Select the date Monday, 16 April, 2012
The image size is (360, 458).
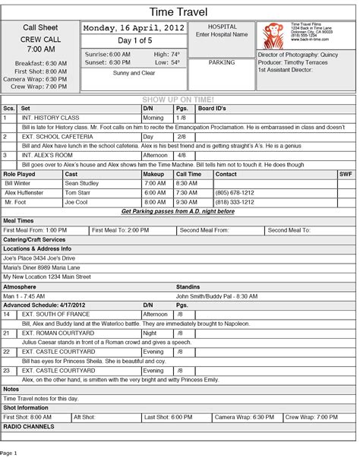(x=134, y=28)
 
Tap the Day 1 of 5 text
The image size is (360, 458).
(x=133, y=40)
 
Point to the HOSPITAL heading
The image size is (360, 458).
(x=222, y=26)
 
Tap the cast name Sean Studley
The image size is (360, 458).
(x=82, y=183)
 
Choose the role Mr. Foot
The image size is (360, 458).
(x=15, y=202)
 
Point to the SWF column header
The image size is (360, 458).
(x=346, y=174)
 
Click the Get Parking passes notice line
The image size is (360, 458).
(x=178, y=211)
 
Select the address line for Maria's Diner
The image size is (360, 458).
(x=42, y=267)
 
